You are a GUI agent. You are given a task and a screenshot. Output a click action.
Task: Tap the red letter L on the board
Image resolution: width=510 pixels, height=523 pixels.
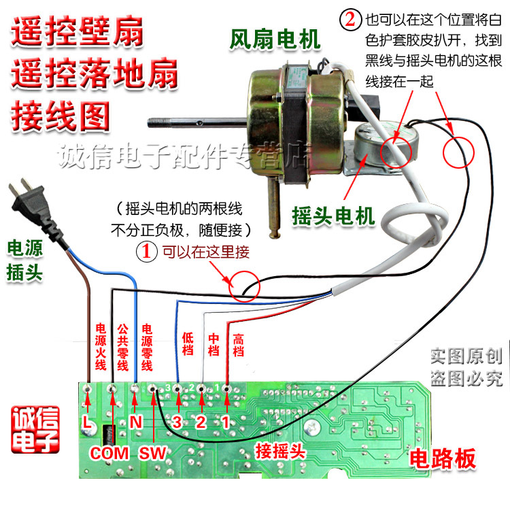[86, 423]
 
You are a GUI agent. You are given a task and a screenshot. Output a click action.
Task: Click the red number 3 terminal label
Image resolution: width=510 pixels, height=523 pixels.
[177, 422]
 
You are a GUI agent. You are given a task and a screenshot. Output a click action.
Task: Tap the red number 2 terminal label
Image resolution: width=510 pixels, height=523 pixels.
[201, 422]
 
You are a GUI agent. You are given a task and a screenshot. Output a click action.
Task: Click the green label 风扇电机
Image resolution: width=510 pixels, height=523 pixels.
[275, 39]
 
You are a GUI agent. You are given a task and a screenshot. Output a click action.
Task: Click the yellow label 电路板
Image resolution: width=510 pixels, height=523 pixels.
[443, 460]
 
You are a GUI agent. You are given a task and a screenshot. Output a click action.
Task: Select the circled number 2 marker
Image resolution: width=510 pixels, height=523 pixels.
[350, 18]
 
